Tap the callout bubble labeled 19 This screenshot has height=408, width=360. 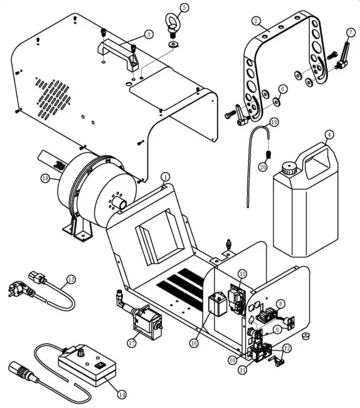274,122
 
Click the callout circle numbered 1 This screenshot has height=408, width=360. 164,176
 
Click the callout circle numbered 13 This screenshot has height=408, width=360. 71,279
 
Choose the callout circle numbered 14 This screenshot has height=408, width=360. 121,395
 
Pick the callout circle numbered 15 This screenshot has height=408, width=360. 242,275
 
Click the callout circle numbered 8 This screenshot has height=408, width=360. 297,304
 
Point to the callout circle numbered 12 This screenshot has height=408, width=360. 286,348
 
